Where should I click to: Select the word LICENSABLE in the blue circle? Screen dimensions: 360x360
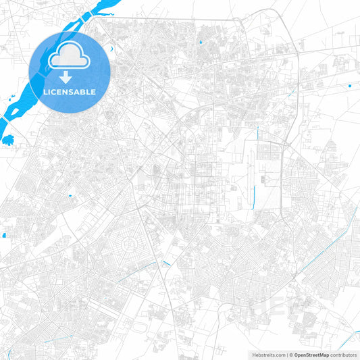[68, 92]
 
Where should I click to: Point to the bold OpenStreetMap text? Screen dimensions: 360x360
[313, 354]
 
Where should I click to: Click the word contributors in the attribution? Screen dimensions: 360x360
[344, 354]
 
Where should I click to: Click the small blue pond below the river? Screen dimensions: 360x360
[8, 140]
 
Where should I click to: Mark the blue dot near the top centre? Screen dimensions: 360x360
[200, 43]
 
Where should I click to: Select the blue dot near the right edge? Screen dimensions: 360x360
[349, 86]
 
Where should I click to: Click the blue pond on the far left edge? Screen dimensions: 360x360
[3, 235]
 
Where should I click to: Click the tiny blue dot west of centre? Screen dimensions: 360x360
[70, 196]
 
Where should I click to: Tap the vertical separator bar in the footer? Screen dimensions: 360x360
[288, 354]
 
